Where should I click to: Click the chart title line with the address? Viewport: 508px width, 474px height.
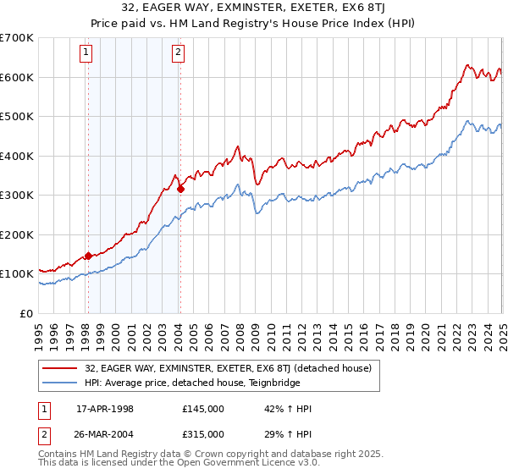[254, 8]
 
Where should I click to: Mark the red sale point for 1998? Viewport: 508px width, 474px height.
[88, 256]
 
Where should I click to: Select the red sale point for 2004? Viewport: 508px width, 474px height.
[180, 189]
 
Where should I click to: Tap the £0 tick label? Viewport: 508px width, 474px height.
[25, 313]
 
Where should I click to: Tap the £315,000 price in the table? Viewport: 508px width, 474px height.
[203, 433]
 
